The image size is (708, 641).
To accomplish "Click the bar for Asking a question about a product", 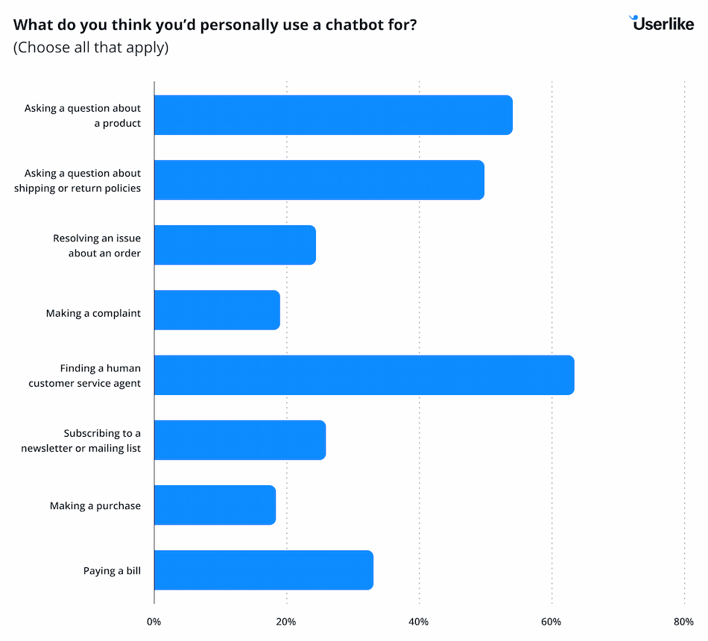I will click(x=333, y=115).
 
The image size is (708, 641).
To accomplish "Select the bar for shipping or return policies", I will click(x=319, y=180).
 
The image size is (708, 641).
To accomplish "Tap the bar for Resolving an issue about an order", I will click(x=235, y=245).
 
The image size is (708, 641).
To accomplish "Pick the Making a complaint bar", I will click(x=217, y=310).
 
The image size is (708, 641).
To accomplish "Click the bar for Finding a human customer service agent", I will click(x=364, y=375).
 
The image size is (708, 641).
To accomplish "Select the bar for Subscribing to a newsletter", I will click(x=240, y=440).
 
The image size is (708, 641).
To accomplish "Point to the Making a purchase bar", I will click(x=215, y=505).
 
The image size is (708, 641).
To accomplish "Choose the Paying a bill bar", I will click(x=263, y=570).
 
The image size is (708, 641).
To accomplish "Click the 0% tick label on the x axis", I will click(x=154, y=622).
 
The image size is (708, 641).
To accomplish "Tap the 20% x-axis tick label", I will click(x=286, y=622).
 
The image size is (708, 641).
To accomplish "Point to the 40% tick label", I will click(x=419, y=622).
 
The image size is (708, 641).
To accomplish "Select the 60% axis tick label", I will click(x=551, y=622).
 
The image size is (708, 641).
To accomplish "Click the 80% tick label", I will click(x=683, y=622).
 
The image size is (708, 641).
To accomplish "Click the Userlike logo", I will click(x=662, y=23).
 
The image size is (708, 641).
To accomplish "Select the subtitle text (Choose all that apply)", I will click(x=91, y=48).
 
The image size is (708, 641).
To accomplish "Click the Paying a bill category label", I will click(x=112, y=571).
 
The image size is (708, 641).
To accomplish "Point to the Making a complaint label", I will click(x=93, y=313).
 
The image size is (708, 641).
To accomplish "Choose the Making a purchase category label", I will click(x=95, y=505).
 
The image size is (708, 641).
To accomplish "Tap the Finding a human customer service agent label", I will click(x=85, y=376).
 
